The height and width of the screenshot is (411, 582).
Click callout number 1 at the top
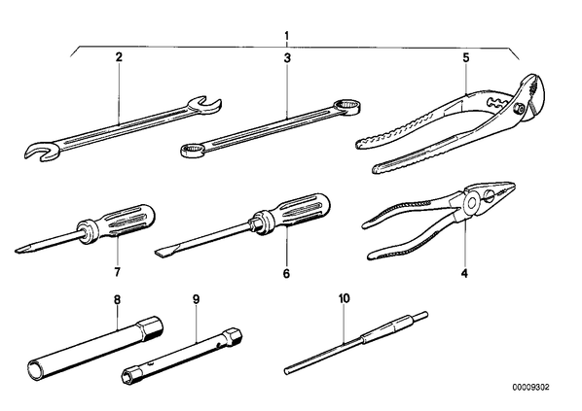286,36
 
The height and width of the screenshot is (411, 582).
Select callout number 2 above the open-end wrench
119,57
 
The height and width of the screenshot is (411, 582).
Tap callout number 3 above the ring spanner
287,58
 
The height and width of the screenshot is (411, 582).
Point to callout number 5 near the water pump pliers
466,58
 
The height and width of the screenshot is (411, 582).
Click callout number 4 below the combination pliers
464,273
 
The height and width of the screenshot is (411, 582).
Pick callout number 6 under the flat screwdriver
286,273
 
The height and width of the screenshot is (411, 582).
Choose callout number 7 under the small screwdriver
118,272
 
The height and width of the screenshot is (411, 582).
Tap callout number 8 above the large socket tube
118,299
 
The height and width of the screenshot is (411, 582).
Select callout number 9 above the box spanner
196,299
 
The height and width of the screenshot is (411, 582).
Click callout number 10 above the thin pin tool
345,298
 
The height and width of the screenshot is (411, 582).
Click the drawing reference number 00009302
530,388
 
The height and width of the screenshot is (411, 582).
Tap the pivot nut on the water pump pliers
519,109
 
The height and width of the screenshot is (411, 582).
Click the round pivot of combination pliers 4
472,203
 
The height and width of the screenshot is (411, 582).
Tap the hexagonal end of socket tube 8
150,328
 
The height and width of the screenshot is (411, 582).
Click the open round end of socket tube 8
36,369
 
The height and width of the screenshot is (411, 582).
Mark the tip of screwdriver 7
17,251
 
